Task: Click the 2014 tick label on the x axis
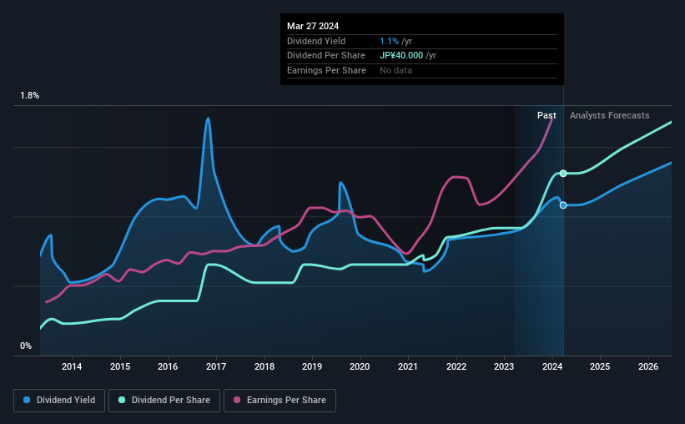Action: coord(72,366)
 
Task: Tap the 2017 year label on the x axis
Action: coord(216,366)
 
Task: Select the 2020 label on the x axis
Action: coord(360,366)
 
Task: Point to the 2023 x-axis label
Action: coord(504,366)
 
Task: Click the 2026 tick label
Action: coord(648,366)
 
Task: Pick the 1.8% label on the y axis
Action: coord(30,96)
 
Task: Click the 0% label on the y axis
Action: coord(26,346)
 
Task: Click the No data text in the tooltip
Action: coord(395,70)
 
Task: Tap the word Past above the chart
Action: coord(546,115)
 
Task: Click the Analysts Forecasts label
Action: coord(609,115)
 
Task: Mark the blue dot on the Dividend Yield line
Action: coord(563,204)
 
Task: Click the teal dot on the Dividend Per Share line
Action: coord(563,173)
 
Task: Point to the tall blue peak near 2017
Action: coord(208,119)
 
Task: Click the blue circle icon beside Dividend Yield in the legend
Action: coord(26,401)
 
